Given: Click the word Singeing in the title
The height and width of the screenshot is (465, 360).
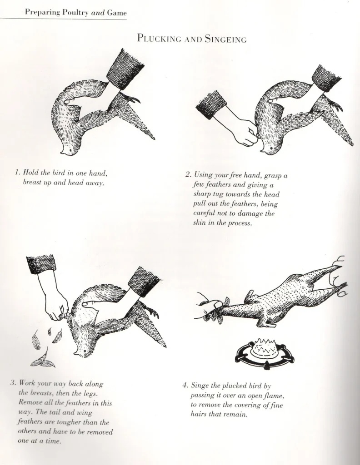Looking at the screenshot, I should (225, 39).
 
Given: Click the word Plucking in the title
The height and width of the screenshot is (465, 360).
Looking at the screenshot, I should (157, 39).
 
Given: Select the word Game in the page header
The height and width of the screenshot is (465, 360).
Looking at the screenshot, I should (117, 13).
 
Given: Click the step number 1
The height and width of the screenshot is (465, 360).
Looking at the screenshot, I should (17, 173).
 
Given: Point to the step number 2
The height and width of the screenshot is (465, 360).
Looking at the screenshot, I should (187, 174).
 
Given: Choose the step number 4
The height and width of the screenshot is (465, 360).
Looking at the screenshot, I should (185, 386).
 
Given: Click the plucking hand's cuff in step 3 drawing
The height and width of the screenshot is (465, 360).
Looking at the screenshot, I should (41, 263).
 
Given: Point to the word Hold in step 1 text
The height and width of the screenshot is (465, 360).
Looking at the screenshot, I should (31, 173).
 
